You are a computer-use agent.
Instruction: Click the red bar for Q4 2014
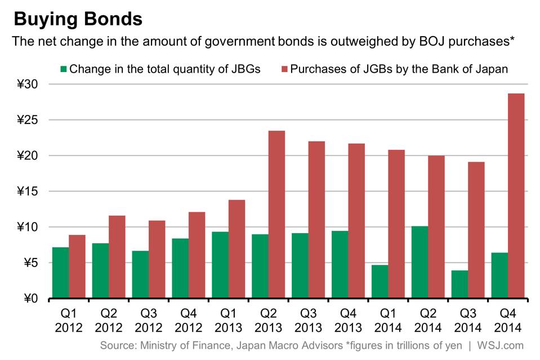click(x=516, y=195)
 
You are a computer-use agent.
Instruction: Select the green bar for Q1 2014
click(x=380, y=282)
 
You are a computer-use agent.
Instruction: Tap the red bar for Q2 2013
click(x=276, y=214)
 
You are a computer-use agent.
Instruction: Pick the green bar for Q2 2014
click(x=420, y=262)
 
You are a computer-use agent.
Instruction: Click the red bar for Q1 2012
click(x=77, y=266)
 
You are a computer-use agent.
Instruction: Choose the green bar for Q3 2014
click(x=459, y=284)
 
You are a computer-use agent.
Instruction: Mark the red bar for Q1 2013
click(x=236, y=248)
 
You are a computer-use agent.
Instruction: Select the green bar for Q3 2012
click(x=141, y=274)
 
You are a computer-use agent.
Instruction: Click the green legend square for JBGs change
click(x=64, y=69)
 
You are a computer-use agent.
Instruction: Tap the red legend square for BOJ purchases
click(x=284, y=69)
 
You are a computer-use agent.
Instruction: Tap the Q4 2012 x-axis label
click(x=189, y=321)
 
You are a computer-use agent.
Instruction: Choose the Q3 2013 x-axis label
click(x=308, y=321)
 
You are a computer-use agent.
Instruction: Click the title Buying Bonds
click(x=78, y=19)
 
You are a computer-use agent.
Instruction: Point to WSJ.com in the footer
click(x=500, y=345)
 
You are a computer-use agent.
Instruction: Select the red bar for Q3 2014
click(x=476, y=230)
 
